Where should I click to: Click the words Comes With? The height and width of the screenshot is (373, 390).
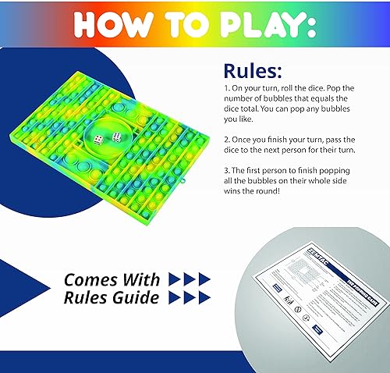(112, 279)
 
